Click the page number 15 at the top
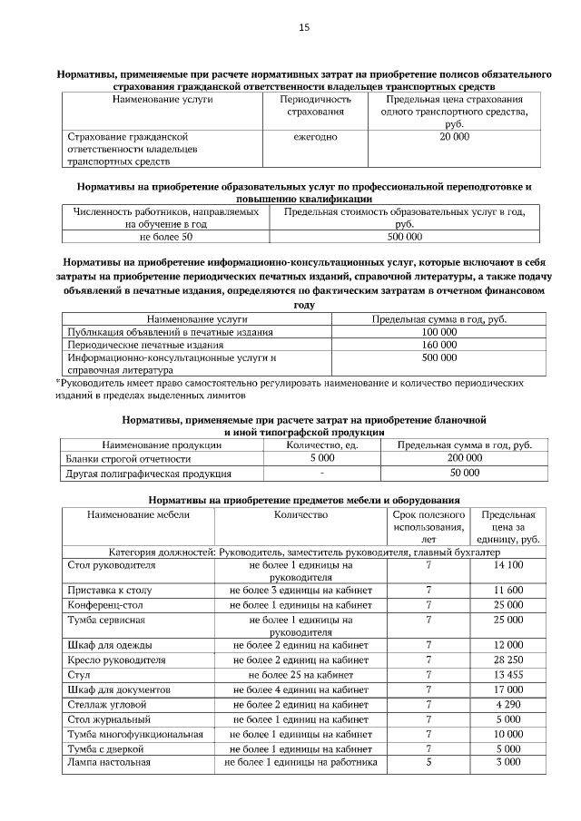click(304, 28)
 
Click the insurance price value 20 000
click(455, 136)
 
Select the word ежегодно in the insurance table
click(315, 136)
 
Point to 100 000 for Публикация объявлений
click(439, 332)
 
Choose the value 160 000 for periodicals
click(439, 345)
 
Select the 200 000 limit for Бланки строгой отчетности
click(465, 458)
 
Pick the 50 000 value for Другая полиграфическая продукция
click(465, 473)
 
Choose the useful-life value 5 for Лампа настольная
click(428, 763)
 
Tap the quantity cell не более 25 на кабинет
click(300, 675)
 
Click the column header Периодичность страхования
click(315, 104)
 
